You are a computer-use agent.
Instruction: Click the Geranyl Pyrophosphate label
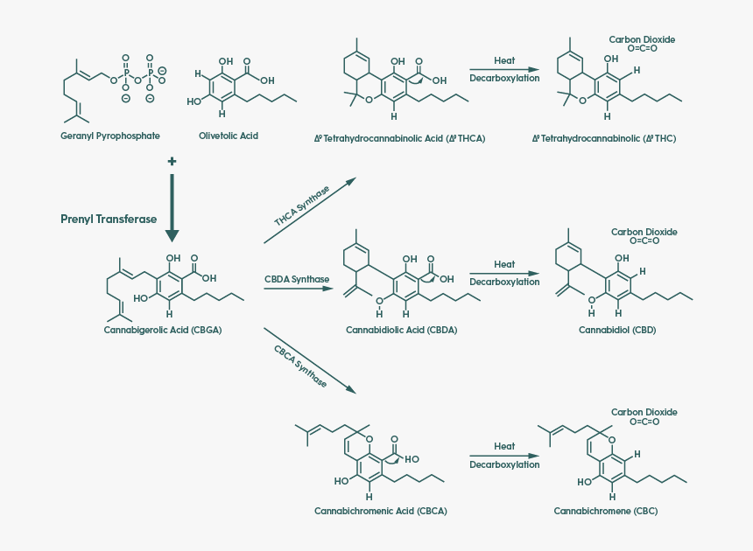tap(110, 136)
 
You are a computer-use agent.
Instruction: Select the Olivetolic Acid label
tap(229, 136)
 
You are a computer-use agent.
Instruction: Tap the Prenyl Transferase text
tap(109, 220)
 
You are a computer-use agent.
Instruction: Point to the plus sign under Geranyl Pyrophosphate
tap(172, 162)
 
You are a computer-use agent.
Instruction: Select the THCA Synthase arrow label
tap(302, 206)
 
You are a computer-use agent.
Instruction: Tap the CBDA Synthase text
tap(297, 280)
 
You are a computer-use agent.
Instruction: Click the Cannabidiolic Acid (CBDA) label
tap(401, 331)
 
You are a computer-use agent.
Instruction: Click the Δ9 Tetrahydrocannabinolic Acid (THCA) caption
tap(399, 138)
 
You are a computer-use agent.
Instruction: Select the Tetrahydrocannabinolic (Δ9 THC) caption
tap(604, 138)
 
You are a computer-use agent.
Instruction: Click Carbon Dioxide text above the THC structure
tap(642, 40)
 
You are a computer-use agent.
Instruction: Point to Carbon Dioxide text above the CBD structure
tap(644, 233)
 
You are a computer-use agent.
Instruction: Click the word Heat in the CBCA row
tap(504, 446)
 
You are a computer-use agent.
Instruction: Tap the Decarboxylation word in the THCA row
tap(504, 78)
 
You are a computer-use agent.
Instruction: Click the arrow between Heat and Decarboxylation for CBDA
tap(504, 272)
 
